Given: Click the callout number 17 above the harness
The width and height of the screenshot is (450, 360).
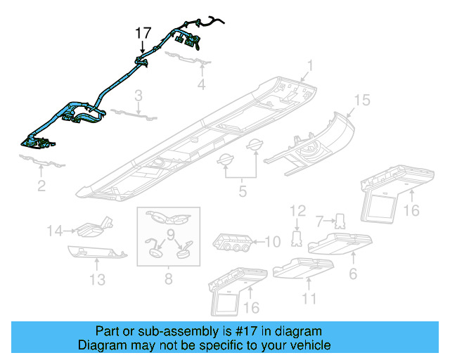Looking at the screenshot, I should click(143, 32).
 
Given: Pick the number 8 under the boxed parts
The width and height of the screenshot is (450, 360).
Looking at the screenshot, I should click(168, 279).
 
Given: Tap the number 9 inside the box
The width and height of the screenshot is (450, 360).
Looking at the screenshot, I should click(169, 233).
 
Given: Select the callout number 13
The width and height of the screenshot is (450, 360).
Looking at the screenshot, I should click(97, 280).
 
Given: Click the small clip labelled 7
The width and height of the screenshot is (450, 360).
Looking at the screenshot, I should click(341, 221).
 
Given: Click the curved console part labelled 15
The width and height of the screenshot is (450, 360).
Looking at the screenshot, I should click(320, 144).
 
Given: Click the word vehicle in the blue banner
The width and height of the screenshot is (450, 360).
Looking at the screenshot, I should click(306, 345).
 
